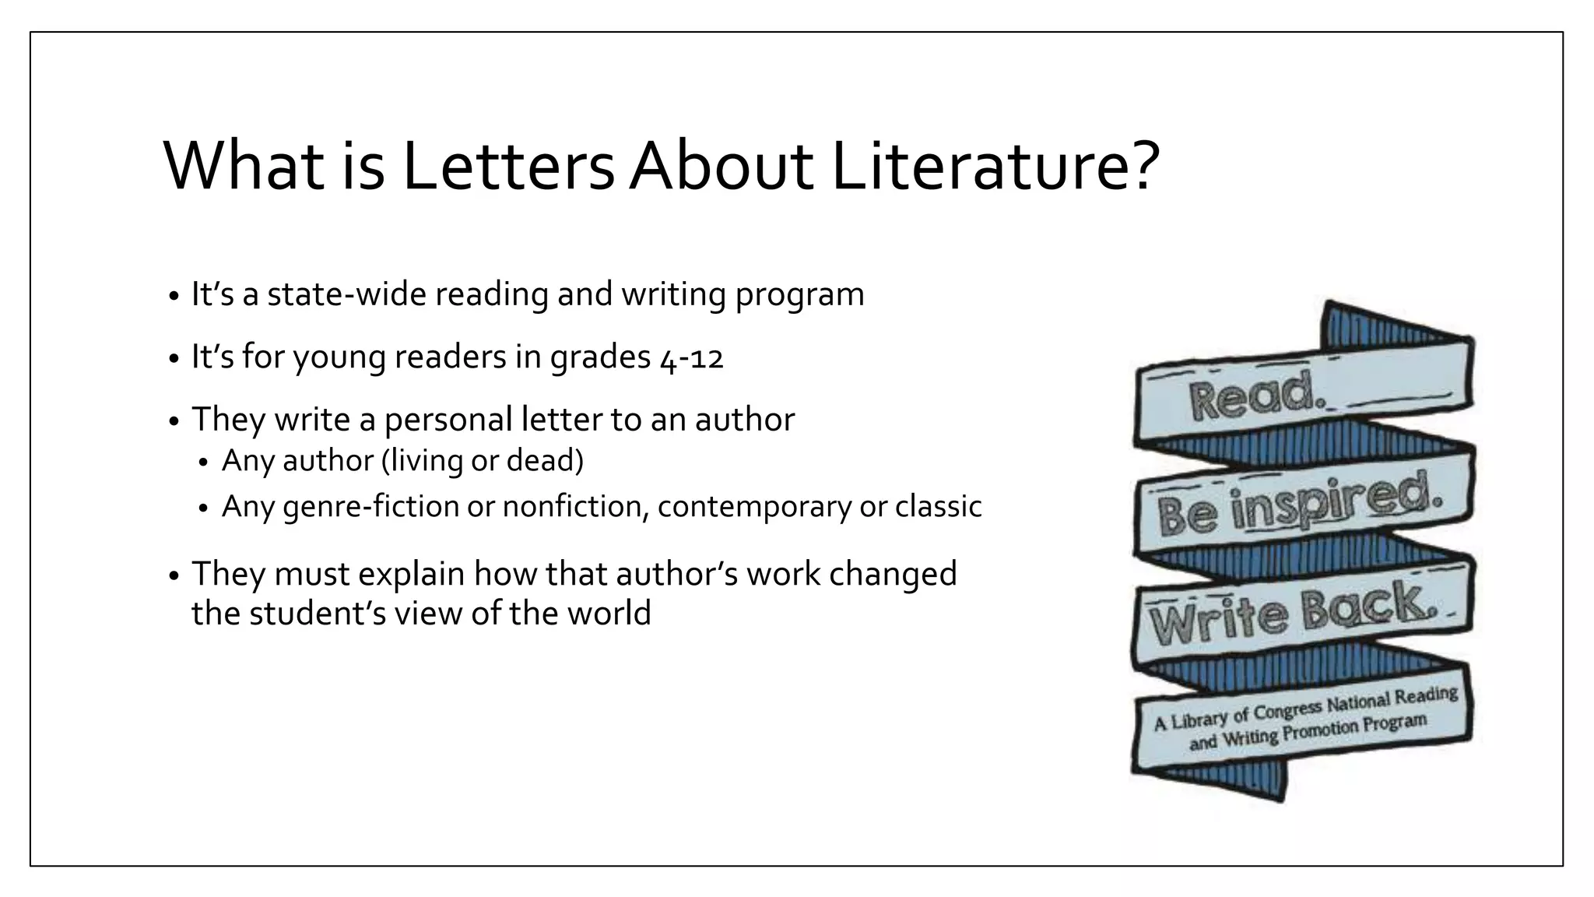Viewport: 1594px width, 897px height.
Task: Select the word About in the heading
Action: click(721, 167)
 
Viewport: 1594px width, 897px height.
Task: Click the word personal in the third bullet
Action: click(448, 420)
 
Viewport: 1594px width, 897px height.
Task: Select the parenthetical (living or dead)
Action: click(482, 460)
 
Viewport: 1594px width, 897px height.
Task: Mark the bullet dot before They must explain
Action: click(174, 577)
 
